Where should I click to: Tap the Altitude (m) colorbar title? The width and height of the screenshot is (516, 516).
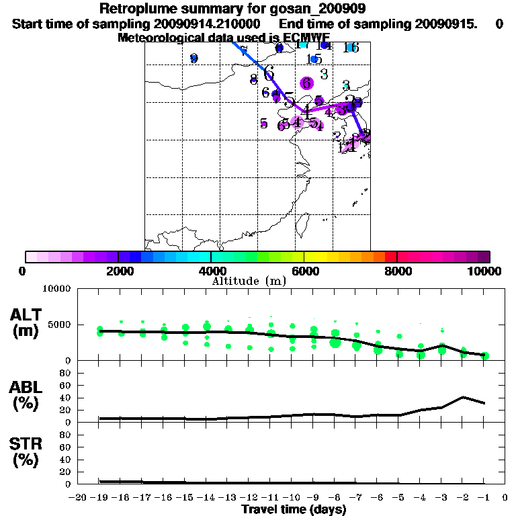pyautogui.click(x=249, y=281)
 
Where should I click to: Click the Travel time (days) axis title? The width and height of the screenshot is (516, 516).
pyautogui.click(x=294, y=510)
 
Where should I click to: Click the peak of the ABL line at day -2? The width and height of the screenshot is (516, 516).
pyautogui.click(x=463, y=397)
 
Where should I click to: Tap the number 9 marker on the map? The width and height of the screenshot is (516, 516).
pyautogui.click(x=194, y=58)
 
